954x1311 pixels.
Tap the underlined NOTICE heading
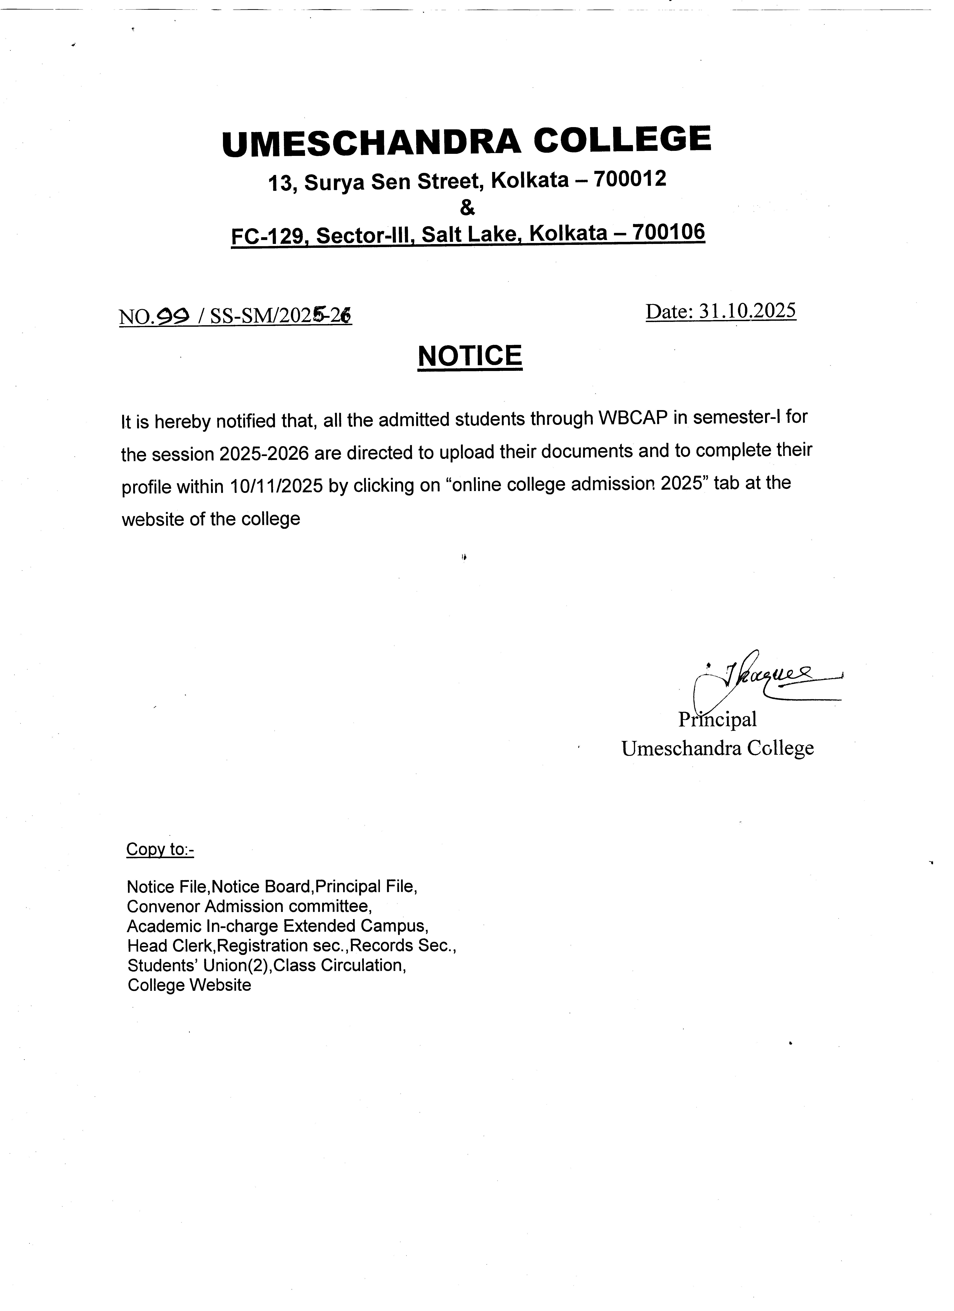[x=470, y=356]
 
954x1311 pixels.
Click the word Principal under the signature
[x=717, y=720]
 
